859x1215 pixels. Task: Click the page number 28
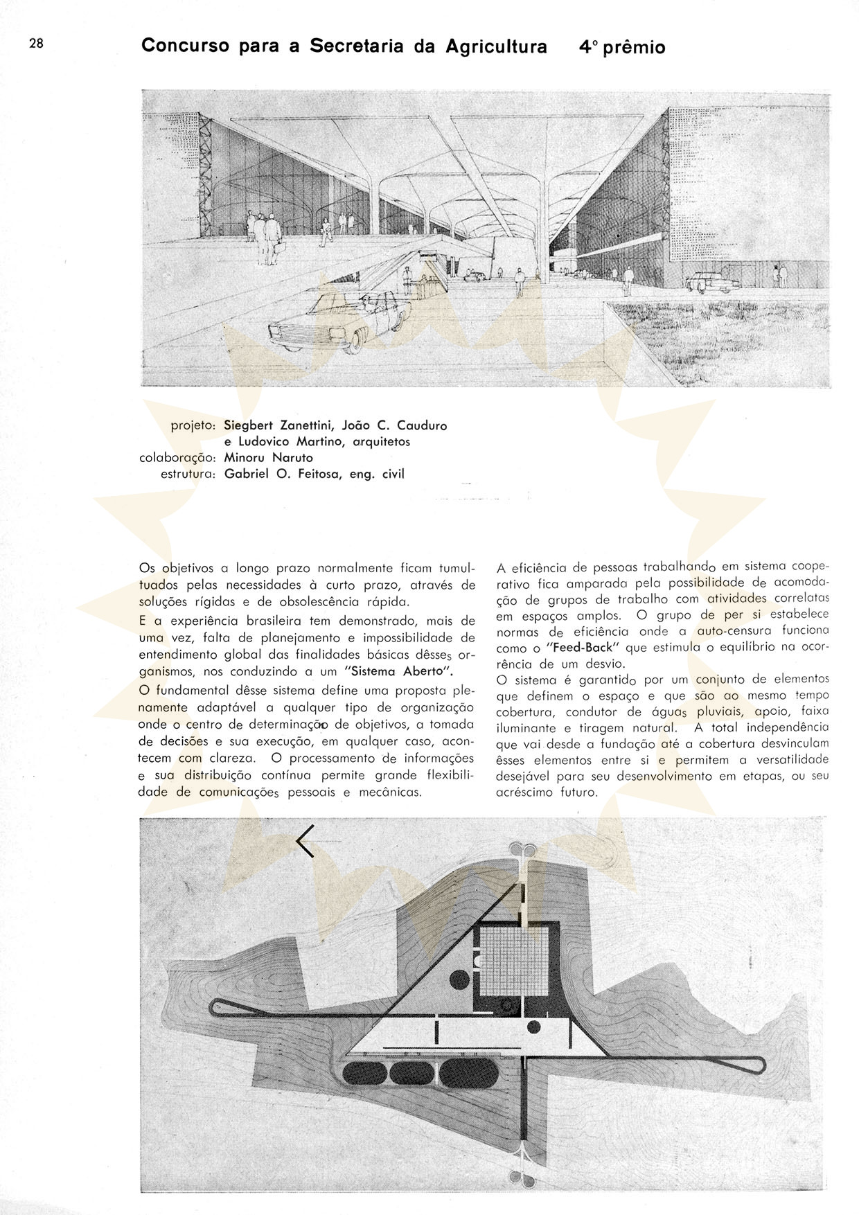pos(36,43)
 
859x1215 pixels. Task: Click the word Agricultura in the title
pos(496,46)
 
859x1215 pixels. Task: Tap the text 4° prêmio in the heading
pos(622,48)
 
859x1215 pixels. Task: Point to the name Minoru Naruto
pos(268,458)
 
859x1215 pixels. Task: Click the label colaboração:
pos(178,458)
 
